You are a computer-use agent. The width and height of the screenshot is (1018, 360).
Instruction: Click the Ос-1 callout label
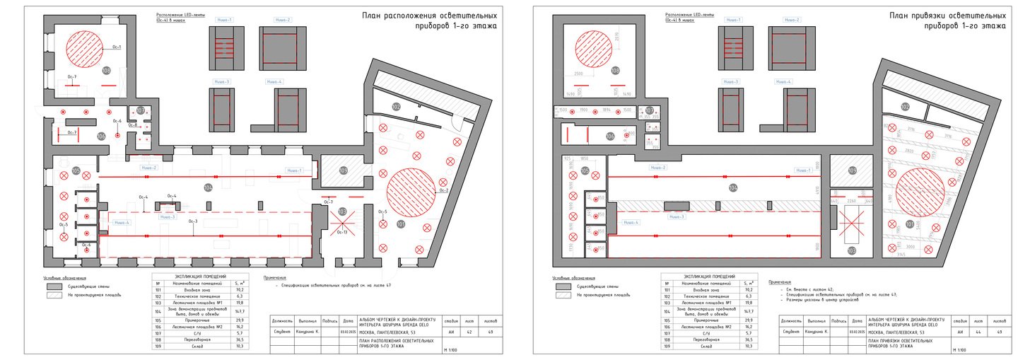click(117, 47)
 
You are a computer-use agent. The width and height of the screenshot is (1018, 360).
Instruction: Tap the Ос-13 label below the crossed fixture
click(341, 232)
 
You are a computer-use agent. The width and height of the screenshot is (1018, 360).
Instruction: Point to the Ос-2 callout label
click(444, 190)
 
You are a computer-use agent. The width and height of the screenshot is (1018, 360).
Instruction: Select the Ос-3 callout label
click(192, 221)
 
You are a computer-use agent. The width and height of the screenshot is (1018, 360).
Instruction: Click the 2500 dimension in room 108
click(578, 74)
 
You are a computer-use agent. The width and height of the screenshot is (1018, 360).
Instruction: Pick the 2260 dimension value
click(851, 201)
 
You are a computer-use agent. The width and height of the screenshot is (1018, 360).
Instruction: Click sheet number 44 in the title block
click(979, 331)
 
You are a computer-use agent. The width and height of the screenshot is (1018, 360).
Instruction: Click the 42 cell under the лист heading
click(470, 331)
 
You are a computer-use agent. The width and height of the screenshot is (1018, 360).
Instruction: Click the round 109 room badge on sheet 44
click(853, 170)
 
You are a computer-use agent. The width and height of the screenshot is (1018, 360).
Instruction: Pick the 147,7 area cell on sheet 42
click(238, 310)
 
